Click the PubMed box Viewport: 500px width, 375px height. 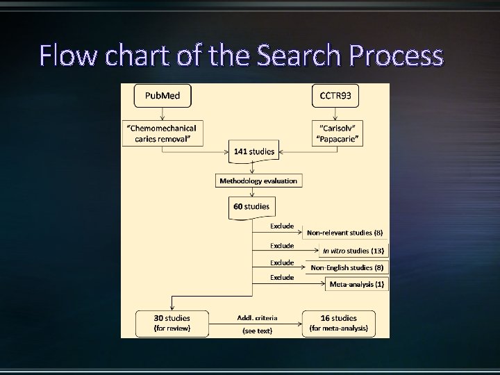point(162,96)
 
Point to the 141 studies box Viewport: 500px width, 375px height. point(253,151)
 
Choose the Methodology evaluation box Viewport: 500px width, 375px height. point(258,181)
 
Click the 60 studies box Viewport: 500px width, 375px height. point(251,207)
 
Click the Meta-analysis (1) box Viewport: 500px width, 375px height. point(357,284)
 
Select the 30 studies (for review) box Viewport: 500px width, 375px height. point(171,323)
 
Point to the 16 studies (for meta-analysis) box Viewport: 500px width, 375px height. point(338,323)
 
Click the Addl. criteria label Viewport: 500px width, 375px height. point(257,317)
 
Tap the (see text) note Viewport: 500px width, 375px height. point(257,331)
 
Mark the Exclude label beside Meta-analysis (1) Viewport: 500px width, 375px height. point(282,277)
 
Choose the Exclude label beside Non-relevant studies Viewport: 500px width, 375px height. point(282,226)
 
